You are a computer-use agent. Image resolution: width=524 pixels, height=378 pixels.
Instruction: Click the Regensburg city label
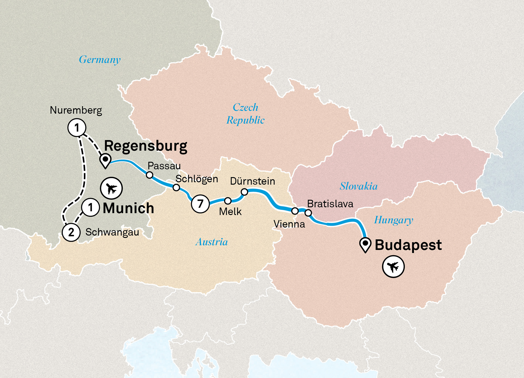coord(145,146)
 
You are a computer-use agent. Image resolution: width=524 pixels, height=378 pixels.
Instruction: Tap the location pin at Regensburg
coord(105,160)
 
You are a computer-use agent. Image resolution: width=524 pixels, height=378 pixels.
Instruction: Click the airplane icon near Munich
coord(111,188)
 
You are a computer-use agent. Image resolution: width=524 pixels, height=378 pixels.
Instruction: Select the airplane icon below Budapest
coord(393,267)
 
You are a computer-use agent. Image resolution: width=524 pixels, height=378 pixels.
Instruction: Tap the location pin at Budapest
coord(365,244)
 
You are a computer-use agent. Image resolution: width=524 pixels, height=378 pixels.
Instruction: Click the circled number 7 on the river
coord(200,203)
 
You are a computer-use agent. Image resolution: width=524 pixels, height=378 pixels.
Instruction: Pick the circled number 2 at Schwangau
coord(71,232)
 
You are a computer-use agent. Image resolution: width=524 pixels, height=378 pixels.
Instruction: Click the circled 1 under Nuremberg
coord(77,128)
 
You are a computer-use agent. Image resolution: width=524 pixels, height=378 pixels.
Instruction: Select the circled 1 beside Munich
coord(90,208)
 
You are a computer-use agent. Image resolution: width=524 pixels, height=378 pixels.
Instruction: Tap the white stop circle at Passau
coord(150,175)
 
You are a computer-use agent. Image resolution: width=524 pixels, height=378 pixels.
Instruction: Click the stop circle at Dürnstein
coord(245,192)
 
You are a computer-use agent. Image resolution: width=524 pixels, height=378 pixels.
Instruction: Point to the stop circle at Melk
coord(228,201)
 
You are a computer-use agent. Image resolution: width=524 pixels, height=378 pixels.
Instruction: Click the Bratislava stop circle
coord(308,213)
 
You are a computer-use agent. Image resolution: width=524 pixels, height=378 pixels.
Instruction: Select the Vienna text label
coord(289,224)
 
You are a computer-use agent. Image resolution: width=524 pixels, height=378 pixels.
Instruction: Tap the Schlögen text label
coord(196,179)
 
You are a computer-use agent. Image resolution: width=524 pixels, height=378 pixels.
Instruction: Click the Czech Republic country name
coord(245,114)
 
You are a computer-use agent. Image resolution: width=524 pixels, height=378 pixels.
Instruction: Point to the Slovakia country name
coord(359,186)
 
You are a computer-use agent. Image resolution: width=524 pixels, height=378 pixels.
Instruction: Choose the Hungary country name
coord(393,220)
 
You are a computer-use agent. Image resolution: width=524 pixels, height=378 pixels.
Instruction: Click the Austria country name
coord(212,242)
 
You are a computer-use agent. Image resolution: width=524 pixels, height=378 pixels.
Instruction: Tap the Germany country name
coord(100,60)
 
